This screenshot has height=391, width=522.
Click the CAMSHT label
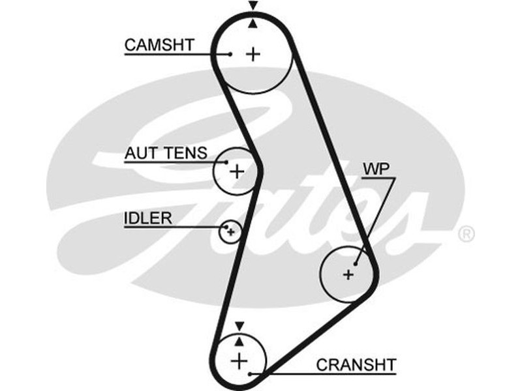click(159, 45)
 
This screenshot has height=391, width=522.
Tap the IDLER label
click(148, 218)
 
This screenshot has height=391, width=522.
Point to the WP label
click(376, 169)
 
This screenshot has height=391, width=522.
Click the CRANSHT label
click(356, 364)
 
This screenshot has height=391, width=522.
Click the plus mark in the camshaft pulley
click(253, 54)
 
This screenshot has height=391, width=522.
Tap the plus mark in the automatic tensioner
click(236, 172)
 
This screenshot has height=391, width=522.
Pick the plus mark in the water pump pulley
click(348, 275)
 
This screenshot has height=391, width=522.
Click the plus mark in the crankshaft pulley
click(239, 359)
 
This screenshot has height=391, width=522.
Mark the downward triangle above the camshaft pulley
click(253, 6)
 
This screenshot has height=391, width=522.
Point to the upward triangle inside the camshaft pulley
click(253, 24)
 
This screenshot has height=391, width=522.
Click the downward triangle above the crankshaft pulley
click(239, 325)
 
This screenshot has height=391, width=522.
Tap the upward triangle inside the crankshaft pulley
click(239, 340)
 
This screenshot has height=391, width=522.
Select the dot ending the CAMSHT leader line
click(231, 54)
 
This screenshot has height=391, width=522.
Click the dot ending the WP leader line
click(355, 265)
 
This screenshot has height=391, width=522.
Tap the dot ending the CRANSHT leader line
click(251, 373)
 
